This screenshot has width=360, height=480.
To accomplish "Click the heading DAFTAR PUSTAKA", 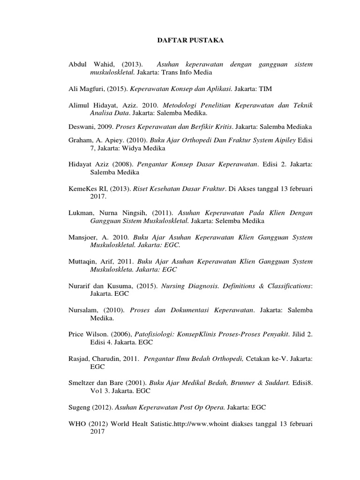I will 190,41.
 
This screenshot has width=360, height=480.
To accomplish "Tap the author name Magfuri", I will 92,88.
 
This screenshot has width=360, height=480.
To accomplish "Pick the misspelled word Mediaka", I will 299,127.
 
